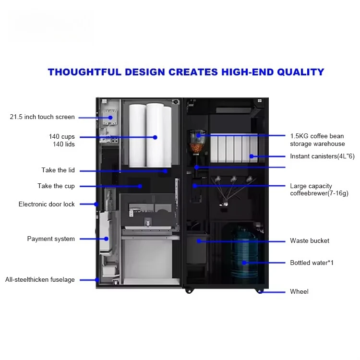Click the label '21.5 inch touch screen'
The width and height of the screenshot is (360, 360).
(42, 117)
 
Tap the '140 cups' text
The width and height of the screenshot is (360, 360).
(61, 137)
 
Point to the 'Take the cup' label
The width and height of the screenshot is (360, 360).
(56, 186)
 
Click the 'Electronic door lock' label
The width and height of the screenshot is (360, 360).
(47, 204)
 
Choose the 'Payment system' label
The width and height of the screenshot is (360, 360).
(51, 239)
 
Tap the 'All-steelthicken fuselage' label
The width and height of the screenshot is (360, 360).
(40, 280)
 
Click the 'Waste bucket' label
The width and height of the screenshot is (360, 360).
(310, 241)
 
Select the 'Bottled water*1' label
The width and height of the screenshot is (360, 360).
(312, 263)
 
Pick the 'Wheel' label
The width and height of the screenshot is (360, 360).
(299, 292)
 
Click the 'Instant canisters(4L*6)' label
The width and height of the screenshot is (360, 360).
(322, 156)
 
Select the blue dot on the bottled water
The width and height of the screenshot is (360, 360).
(244, 263)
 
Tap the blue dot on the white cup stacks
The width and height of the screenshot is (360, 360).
(155, 137)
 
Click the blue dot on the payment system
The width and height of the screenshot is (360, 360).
(106, 239)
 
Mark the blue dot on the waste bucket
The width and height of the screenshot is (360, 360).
(198, 241)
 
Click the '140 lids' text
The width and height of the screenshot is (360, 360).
(63, 144)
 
